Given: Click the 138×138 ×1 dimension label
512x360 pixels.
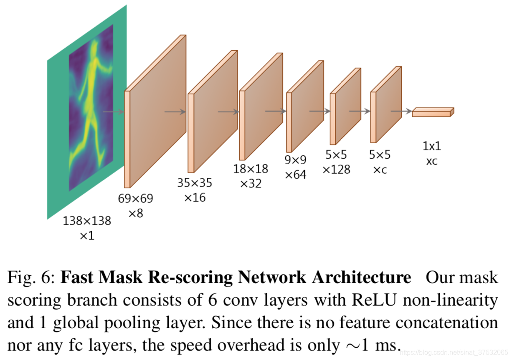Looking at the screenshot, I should point(87,228).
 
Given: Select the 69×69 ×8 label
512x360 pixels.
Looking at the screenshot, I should point(135,206).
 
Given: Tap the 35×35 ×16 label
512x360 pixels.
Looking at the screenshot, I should point(195,190).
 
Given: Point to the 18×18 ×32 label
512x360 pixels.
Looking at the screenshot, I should point(251,176).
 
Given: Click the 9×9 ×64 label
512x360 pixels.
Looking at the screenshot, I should point(296,167).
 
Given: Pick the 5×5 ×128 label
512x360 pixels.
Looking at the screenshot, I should point(336,162).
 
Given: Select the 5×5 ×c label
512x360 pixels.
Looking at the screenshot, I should point(380,162).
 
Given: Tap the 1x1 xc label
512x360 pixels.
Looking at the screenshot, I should point(431,153).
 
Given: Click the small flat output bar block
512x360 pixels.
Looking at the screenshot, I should point(432,112).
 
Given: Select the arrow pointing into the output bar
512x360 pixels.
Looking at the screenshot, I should point(401,111).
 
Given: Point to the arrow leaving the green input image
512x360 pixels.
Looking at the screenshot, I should point(113,112).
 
